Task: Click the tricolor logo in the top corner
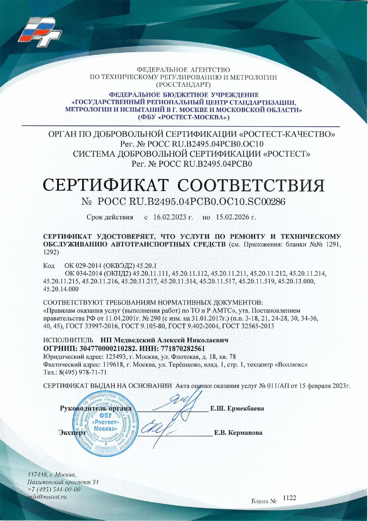click(x=40, y=32)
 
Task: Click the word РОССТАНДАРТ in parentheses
click(x=183, y=85)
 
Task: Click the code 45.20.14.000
click(x=61, y=289)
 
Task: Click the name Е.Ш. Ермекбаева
click(x=237, y=408)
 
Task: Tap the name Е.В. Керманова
click(x=238, y=433)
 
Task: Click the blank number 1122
click(x=289, y=498)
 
